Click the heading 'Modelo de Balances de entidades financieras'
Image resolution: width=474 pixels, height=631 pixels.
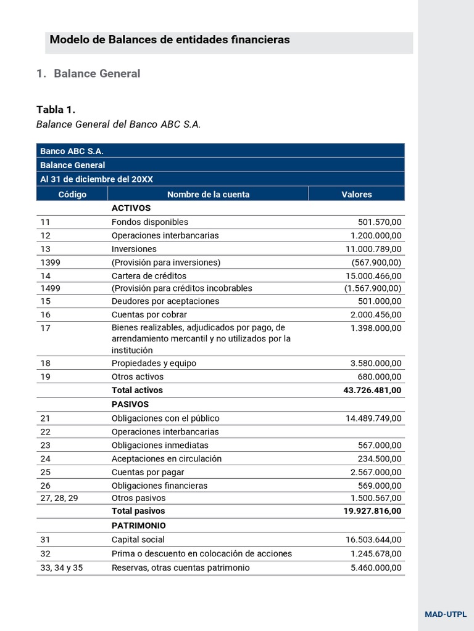[169, 40]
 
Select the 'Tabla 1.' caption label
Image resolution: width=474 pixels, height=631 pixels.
[56, 110]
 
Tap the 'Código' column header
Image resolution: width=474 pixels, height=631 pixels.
[72, 194]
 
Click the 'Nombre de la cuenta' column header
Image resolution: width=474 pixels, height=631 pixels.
[208, 194]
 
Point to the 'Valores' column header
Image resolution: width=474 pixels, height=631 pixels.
[357, 194]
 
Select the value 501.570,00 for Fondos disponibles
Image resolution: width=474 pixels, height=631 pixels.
[380, 222]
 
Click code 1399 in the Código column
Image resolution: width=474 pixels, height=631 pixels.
[51, 262]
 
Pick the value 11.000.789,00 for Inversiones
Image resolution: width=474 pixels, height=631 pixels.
[373, 249]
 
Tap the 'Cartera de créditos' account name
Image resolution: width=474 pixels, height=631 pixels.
[149, 275]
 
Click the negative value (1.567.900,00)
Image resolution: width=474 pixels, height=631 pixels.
[373, 288]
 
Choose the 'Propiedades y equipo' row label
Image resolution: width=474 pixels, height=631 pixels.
[154, 363]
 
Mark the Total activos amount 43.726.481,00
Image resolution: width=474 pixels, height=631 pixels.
[372, 390]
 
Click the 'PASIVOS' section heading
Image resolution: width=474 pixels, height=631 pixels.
[130, 404]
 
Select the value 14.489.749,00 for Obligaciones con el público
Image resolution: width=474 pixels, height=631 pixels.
[373, 418]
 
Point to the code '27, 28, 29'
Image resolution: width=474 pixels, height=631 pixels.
[59, 498]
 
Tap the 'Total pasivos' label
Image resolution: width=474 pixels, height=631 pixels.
[138, 511]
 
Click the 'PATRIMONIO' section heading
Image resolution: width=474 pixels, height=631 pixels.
[139, 526]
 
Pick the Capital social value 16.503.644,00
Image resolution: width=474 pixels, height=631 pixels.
[373, 539]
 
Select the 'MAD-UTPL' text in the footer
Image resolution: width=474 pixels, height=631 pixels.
[446, 614]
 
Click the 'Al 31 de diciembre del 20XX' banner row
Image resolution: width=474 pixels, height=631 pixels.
[96, 179]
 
